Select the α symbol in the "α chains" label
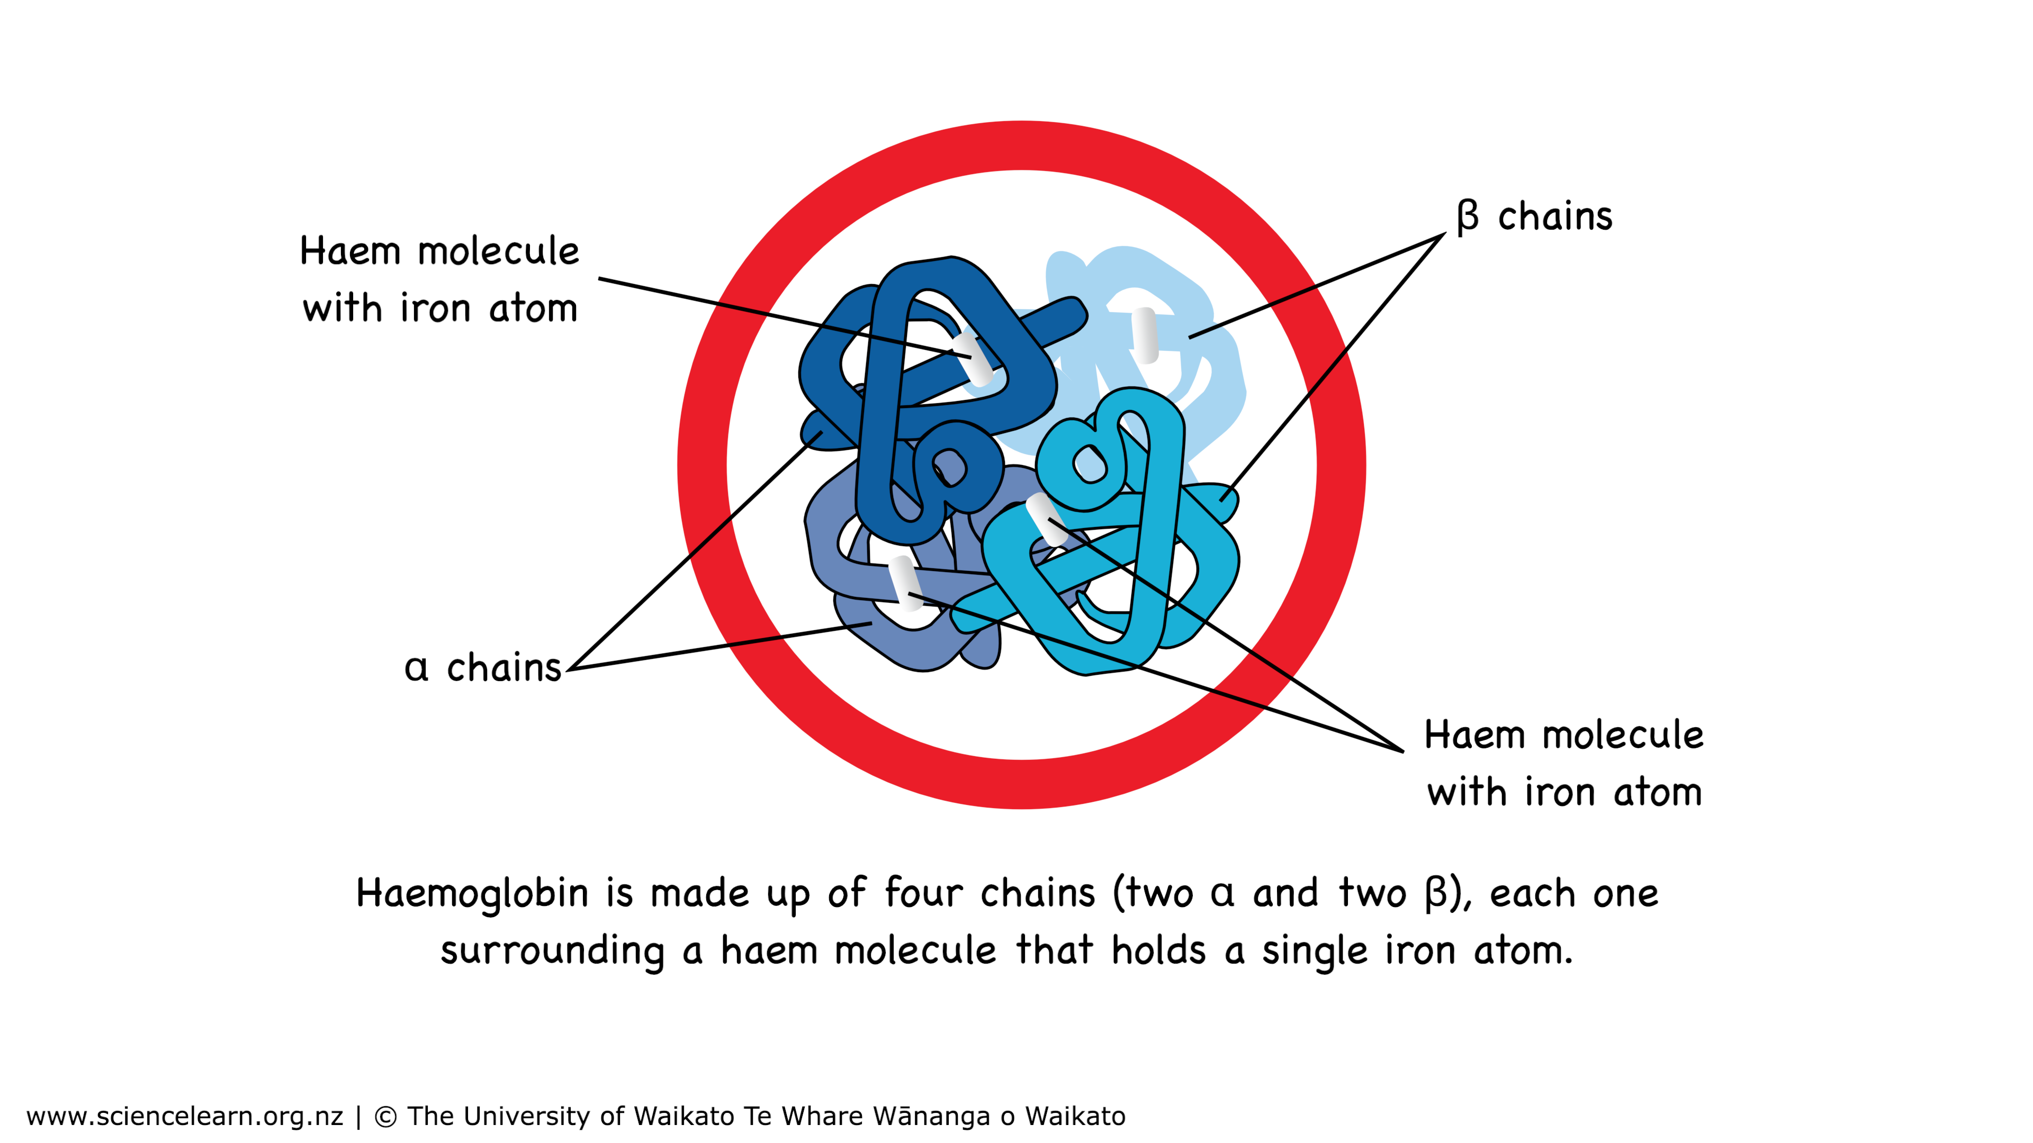point(417,668)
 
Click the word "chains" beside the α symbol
point(503,668)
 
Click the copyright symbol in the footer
point(384,1116)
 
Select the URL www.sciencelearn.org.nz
point(185,1116)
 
